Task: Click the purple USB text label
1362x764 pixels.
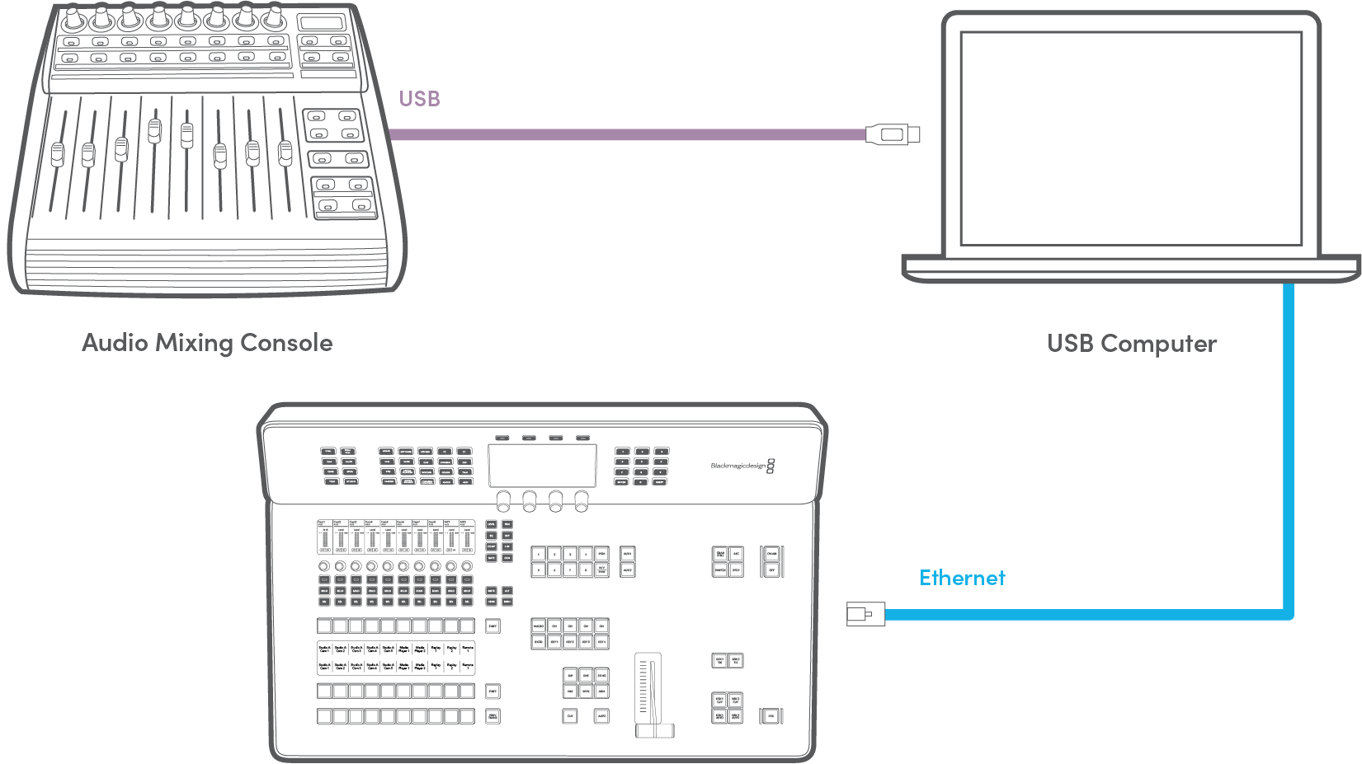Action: click(419, 99)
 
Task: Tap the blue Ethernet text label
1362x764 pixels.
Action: click(962, 578)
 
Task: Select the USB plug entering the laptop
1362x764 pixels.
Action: click(892, 134)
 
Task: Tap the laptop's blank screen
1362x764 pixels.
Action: click(1131, 138)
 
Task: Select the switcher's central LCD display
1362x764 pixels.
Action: click(542, 466)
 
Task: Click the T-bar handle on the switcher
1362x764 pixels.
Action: click(654, 730)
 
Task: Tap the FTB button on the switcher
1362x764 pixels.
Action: click(771, 716)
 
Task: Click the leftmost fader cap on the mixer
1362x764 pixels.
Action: click(57, 154)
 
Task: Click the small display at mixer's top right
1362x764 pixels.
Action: click(322, 23)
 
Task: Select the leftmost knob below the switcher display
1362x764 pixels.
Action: click(502, 499)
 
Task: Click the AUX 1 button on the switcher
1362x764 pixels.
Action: click(627, 554)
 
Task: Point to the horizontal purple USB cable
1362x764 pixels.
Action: click(627, 134)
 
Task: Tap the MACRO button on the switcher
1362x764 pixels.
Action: click(539, 626)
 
